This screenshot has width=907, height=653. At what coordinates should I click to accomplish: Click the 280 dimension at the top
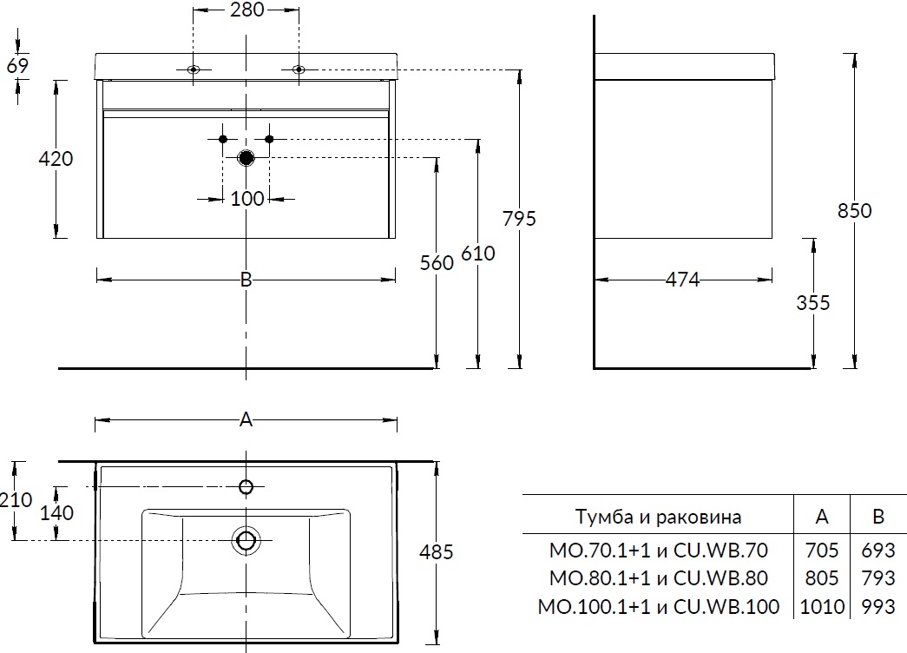246,11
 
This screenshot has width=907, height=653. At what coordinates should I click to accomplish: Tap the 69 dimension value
17,65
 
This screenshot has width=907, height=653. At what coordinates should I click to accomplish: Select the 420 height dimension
55,159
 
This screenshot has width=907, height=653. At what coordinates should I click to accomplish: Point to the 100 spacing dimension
247,199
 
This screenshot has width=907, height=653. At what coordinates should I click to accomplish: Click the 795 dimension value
519,218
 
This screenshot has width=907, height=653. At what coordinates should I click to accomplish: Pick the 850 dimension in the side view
855,211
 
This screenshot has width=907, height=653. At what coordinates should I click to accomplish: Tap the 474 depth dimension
683,280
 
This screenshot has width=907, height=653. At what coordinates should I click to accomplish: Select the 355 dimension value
813,303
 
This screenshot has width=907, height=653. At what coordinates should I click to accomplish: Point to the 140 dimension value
57,513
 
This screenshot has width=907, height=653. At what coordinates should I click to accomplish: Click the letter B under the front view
246,280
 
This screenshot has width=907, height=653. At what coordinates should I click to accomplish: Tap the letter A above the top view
246,420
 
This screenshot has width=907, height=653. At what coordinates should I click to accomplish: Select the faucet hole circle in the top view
246,486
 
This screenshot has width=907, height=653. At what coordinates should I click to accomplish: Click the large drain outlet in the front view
246,158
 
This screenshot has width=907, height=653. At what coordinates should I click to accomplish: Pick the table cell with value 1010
822,606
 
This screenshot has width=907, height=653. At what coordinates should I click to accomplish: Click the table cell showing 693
878,551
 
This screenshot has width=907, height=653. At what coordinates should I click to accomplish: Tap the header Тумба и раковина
658,518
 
